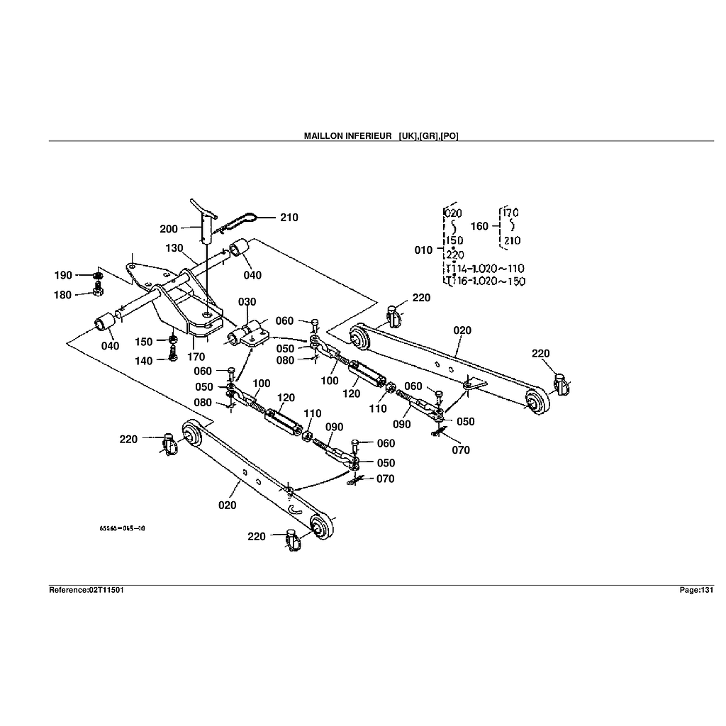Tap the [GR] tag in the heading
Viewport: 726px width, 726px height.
click(430, 135)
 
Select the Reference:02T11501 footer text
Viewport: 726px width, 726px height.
click(86, 590)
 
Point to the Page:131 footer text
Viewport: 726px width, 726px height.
click(696, 590)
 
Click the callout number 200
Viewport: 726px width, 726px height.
click(169, 229)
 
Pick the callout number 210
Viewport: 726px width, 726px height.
click(289, 218)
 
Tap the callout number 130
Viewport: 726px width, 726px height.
click(175, 248)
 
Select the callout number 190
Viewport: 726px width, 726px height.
click(64, 275)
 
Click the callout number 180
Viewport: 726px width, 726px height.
click(64, 295)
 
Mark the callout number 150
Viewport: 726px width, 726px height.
click(144, 342)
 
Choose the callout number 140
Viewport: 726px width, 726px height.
click(144, 361)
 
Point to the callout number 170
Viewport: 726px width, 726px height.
click(196, 357)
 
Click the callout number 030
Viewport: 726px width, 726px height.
click(247, 302)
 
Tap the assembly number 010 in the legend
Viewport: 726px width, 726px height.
click(424, 250)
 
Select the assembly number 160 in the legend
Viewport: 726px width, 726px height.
click(480, 226)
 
